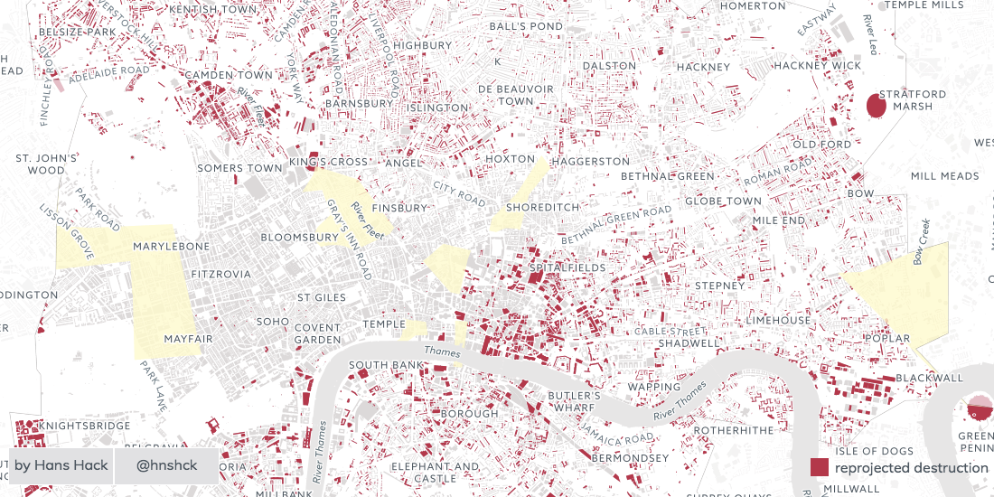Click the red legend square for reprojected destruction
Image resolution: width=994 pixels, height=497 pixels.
click(820, 467)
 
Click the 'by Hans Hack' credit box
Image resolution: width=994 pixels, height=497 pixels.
click(61, 466)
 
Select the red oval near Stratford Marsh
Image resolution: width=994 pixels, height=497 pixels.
click(876, 106)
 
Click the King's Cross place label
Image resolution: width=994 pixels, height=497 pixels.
click(328, 162)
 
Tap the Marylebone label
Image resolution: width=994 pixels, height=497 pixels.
click(171, 246)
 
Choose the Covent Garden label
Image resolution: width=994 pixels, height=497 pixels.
click(317, 333)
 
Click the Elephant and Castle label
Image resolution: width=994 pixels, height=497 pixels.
click(423, 473)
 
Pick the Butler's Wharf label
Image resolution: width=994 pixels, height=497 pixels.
click(574, 402)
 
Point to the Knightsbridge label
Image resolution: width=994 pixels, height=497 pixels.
click(80, 424)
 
